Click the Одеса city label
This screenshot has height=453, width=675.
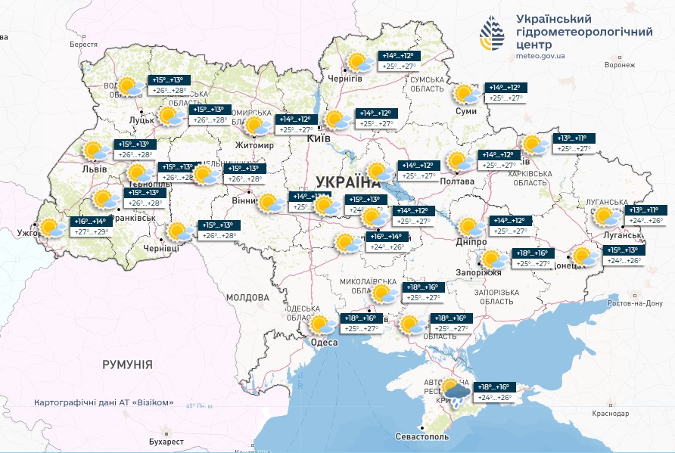[x=325, y=343]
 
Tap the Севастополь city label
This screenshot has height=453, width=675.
[x=422, y=437]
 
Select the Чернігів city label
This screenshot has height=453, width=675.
[x=345, y=79]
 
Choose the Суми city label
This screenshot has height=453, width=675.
[x=466, y=111]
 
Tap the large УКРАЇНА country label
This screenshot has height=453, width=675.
[x=348, y=182]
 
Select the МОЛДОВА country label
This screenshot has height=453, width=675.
[x=243, y=297]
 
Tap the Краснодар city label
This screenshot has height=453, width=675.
[x=611, y=414]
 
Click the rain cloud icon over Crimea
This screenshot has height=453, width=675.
[x=454, y=392]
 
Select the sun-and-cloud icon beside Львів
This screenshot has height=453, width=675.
[x=95, y=150]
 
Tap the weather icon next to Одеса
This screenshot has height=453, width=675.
[x=322, y=325]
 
